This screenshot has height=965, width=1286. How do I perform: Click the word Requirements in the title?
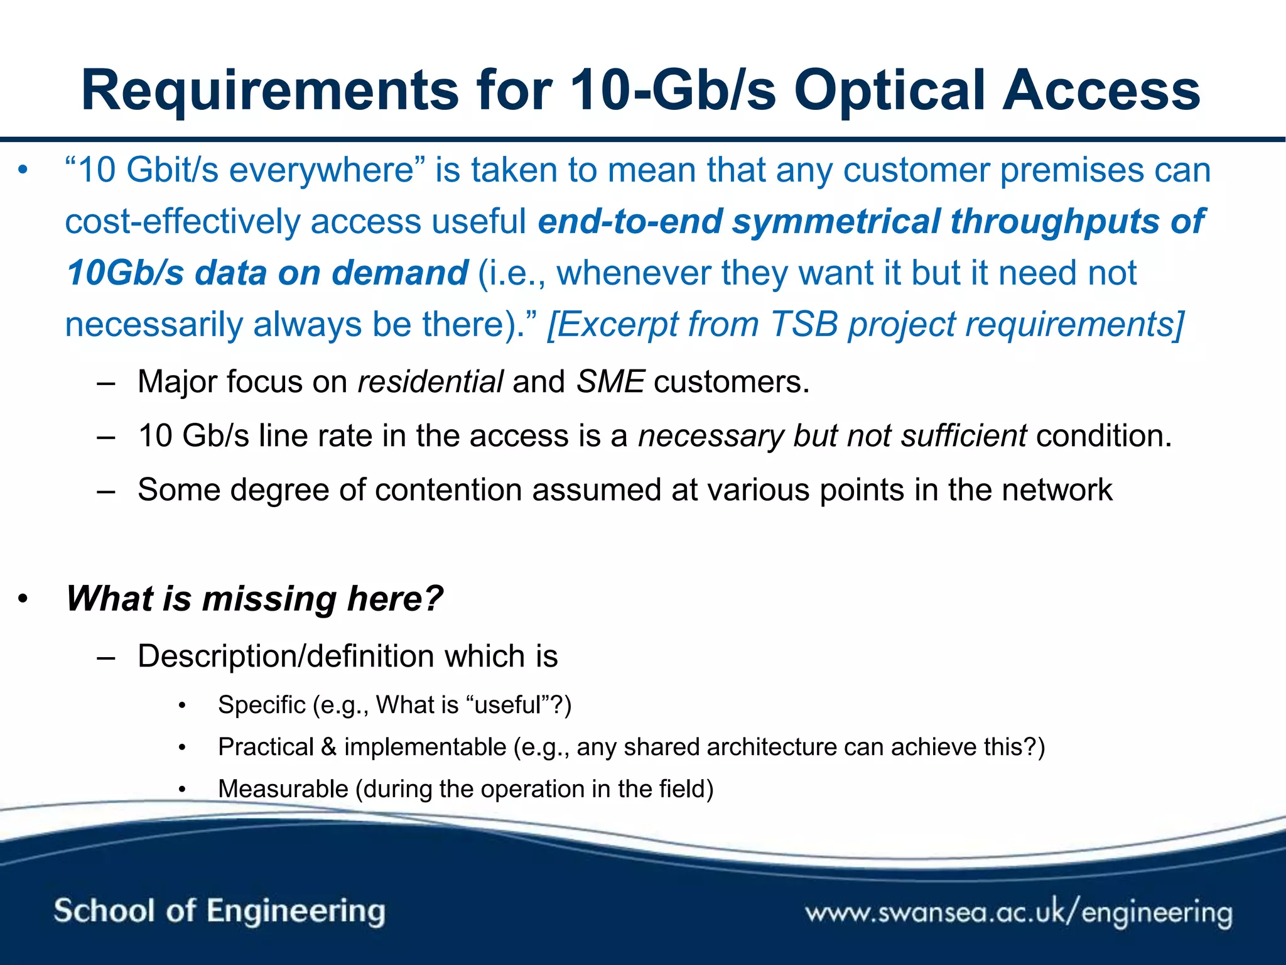pyautogui.click(x=270, y=91)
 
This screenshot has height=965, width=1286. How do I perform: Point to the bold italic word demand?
pyautogui.click(x=399, y=273)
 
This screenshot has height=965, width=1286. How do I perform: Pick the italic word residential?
pyautogui.click(x=430, y=382)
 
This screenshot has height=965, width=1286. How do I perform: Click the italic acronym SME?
pyautogui.click(x=610, y=382)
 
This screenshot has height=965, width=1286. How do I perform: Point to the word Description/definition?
pyautogui.click(x=286, y=657)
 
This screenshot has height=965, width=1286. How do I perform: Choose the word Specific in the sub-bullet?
pyautogui.click(x=261, y=705)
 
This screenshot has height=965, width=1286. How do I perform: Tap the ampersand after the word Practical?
pyautogui.click(x=328, y=747)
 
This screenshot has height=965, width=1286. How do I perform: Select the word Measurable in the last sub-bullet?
pyautogui.click(x=283, y=789)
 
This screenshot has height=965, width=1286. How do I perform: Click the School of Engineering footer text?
pyautogui.click(x=219, y=911)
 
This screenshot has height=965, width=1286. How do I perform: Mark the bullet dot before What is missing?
pyautogui.click(x=23, y=599)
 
